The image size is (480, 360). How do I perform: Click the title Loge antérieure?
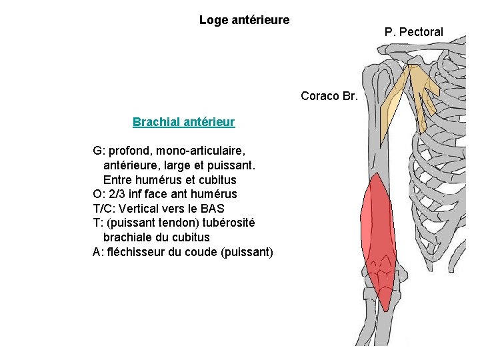[244, 20]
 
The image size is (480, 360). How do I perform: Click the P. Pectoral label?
[413, 32]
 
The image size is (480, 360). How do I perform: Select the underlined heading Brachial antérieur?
[183, 122]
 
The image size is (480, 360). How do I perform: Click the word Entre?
[118, 179]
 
